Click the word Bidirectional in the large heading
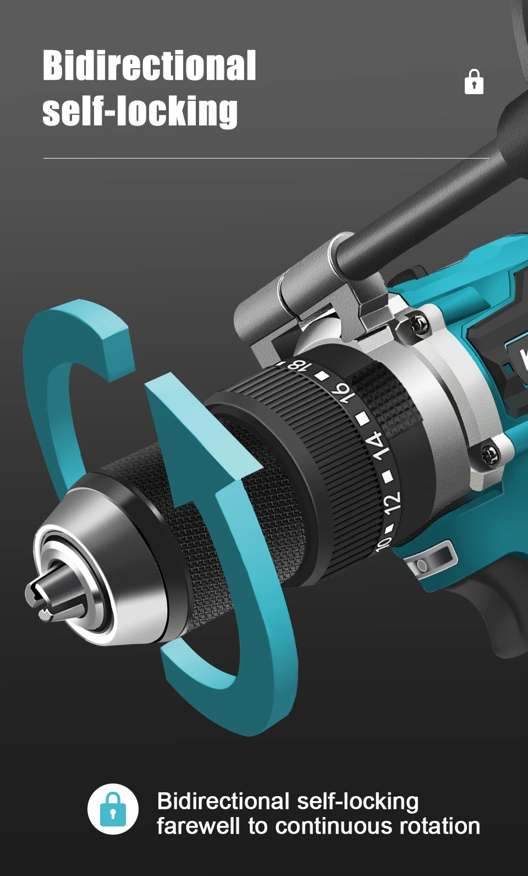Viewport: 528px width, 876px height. click(x=149, y=66)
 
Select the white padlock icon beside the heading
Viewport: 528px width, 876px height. click(x=474, y=81)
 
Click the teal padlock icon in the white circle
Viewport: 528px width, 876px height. click(x=113, y=809)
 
